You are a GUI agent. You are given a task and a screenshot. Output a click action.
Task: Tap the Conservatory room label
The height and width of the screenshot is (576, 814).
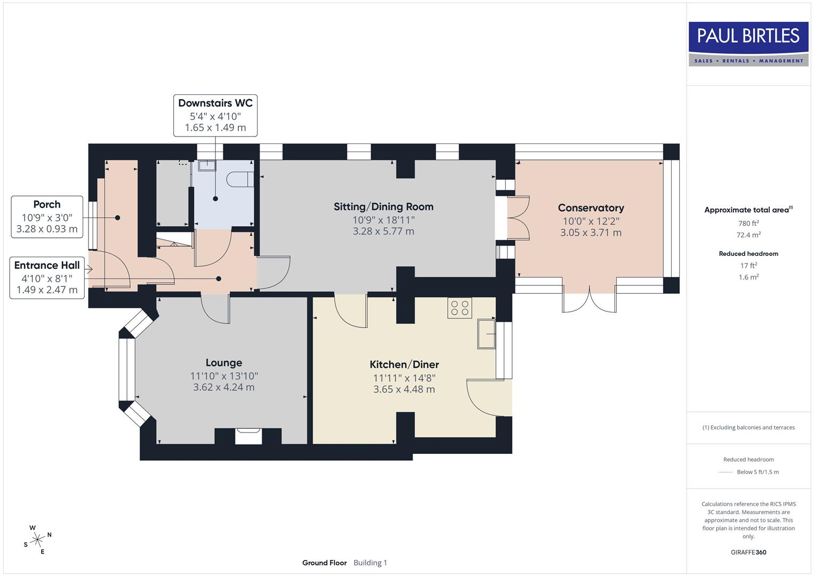(x=591, y=208)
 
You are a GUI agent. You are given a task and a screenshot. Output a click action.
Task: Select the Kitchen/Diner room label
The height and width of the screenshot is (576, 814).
(x=404, y=365)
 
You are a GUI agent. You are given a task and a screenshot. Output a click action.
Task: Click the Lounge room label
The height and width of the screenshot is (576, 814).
(x=224, y=363)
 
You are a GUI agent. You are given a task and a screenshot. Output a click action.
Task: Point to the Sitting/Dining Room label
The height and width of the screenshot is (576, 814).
(x=383, y=207)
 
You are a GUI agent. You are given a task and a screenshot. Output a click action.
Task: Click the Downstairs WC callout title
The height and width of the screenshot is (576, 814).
(x=215, y=103)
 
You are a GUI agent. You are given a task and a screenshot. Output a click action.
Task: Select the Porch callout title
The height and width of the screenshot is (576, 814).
(x=47, y=205)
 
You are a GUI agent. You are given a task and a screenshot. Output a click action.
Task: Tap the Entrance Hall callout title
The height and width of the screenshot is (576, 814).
(x=47, y=266)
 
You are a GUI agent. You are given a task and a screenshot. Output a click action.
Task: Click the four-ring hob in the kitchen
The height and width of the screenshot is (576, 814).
(x=460, y=308)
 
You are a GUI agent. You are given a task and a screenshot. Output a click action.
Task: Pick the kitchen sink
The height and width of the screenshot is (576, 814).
(x=486, y=334)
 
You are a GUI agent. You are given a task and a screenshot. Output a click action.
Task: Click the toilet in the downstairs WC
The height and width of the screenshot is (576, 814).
(x=240, y=179)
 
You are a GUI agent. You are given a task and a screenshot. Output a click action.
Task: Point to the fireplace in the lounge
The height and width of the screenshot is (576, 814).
(x=248, y=435)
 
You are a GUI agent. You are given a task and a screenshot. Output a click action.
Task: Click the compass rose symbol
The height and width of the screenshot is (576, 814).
(x=37, y=540)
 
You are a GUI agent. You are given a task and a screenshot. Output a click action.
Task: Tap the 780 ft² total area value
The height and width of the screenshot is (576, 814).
(x=748, y=223)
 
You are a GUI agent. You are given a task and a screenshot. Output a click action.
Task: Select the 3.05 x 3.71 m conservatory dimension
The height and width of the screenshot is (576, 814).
(x=591, y=233)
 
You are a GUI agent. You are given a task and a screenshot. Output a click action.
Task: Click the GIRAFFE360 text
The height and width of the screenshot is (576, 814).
(x=748, y=552)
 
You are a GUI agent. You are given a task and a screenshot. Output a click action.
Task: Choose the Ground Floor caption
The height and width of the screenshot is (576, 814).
(x=324, y=563)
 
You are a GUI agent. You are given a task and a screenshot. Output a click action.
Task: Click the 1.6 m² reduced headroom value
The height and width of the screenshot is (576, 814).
(x=748, y=277)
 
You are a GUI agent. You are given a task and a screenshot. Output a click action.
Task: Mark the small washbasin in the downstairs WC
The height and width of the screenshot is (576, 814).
(x=207, y=165)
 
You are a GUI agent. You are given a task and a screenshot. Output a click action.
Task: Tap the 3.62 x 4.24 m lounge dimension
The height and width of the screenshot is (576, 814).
(x=224, y=388)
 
